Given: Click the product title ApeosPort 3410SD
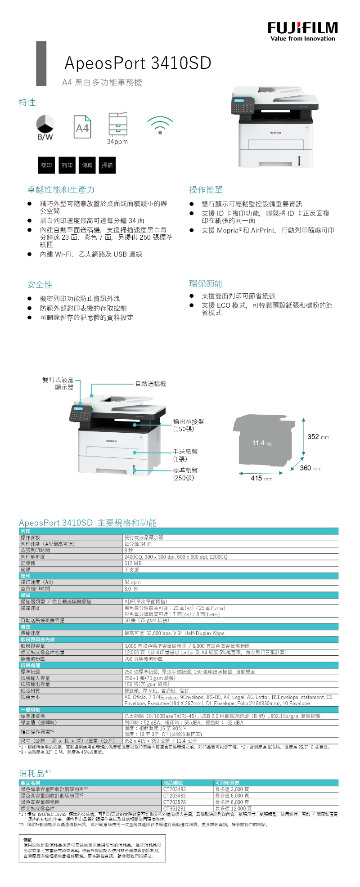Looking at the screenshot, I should point(138,63).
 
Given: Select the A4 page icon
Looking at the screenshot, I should point(82,127).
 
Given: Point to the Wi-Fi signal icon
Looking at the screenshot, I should point(160,125).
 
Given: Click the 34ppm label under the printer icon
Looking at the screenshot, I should point(117,142).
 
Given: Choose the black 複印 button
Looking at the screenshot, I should point(46,166).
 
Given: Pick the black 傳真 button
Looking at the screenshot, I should point(87,166).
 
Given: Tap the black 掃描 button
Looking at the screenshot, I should point(108,166).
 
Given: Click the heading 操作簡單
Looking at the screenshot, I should point(206,190).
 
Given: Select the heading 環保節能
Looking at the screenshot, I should point(206,284).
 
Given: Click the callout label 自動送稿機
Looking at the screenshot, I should point(151,384).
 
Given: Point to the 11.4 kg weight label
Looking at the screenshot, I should point(262,443).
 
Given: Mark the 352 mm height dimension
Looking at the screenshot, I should point(318,437).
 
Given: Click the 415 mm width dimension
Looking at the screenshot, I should point(261,479).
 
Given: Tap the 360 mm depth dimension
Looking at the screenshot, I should point(310,468).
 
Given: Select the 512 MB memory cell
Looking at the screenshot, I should point(133,563).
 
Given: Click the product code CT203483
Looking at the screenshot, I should point(175,789).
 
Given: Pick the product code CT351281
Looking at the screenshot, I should point(175,808).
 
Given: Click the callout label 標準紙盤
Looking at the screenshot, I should point(185,470).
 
